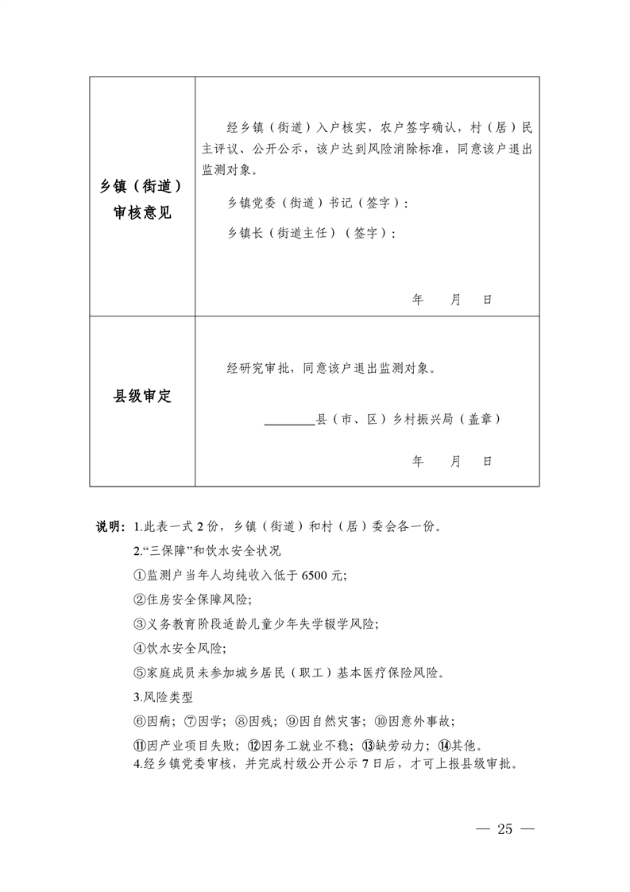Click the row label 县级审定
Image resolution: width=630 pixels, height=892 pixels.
click(x=142, y=397)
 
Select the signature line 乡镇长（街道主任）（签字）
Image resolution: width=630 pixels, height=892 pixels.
click(x=311, y=234)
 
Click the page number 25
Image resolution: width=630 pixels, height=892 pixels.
click(x=505, y=829)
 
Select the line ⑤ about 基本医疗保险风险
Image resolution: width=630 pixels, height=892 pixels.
click(x=288, y=673)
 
